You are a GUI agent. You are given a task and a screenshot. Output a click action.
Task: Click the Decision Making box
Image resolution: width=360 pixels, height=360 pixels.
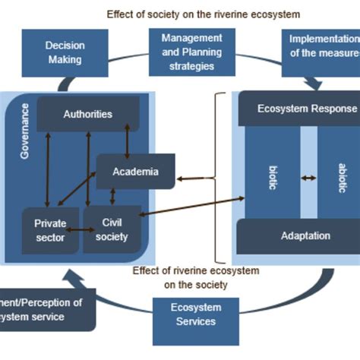click(65, 52)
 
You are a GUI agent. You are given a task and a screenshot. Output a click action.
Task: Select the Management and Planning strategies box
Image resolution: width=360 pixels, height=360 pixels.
click(191, 52)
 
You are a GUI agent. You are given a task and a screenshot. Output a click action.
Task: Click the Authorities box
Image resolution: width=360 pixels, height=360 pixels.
click(88, 115)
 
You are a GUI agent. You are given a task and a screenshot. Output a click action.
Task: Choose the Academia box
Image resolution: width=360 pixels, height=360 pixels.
click(135, 172)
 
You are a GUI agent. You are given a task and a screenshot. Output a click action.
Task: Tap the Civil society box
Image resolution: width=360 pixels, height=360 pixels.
click(110, 229)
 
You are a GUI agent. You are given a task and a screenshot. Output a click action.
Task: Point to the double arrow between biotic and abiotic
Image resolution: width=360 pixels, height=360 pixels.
click(308, 178)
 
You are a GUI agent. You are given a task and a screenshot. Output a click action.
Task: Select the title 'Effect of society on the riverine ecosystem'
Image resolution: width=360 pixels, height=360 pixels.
click(204, 14)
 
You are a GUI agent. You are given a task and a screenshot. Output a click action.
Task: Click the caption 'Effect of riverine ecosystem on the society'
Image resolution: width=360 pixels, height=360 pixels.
click(195, 277)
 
